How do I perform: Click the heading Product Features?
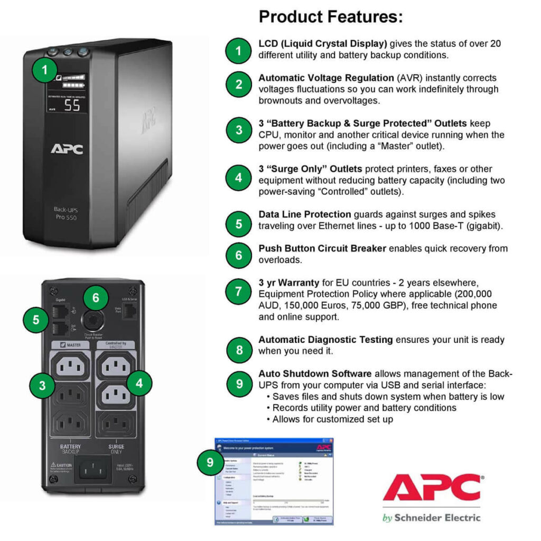click(331, 17)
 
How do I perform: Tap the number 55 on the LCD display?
click(72, 105)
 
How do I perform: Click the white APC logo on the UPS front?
click(67, 149)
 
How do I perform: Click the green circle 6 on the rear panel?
click(96, 298)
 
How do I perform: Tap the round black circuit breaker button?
click(95, 319)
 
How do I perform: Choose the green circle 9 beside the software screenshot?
click(210, 463)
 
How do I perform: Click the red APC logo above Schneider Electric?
click(431, 487)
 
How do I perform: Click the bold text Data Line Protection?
click(304, 214)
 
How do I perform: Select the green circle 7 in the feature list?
click(239, 291)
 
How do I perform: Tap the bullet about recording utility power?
click(364, 408)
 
